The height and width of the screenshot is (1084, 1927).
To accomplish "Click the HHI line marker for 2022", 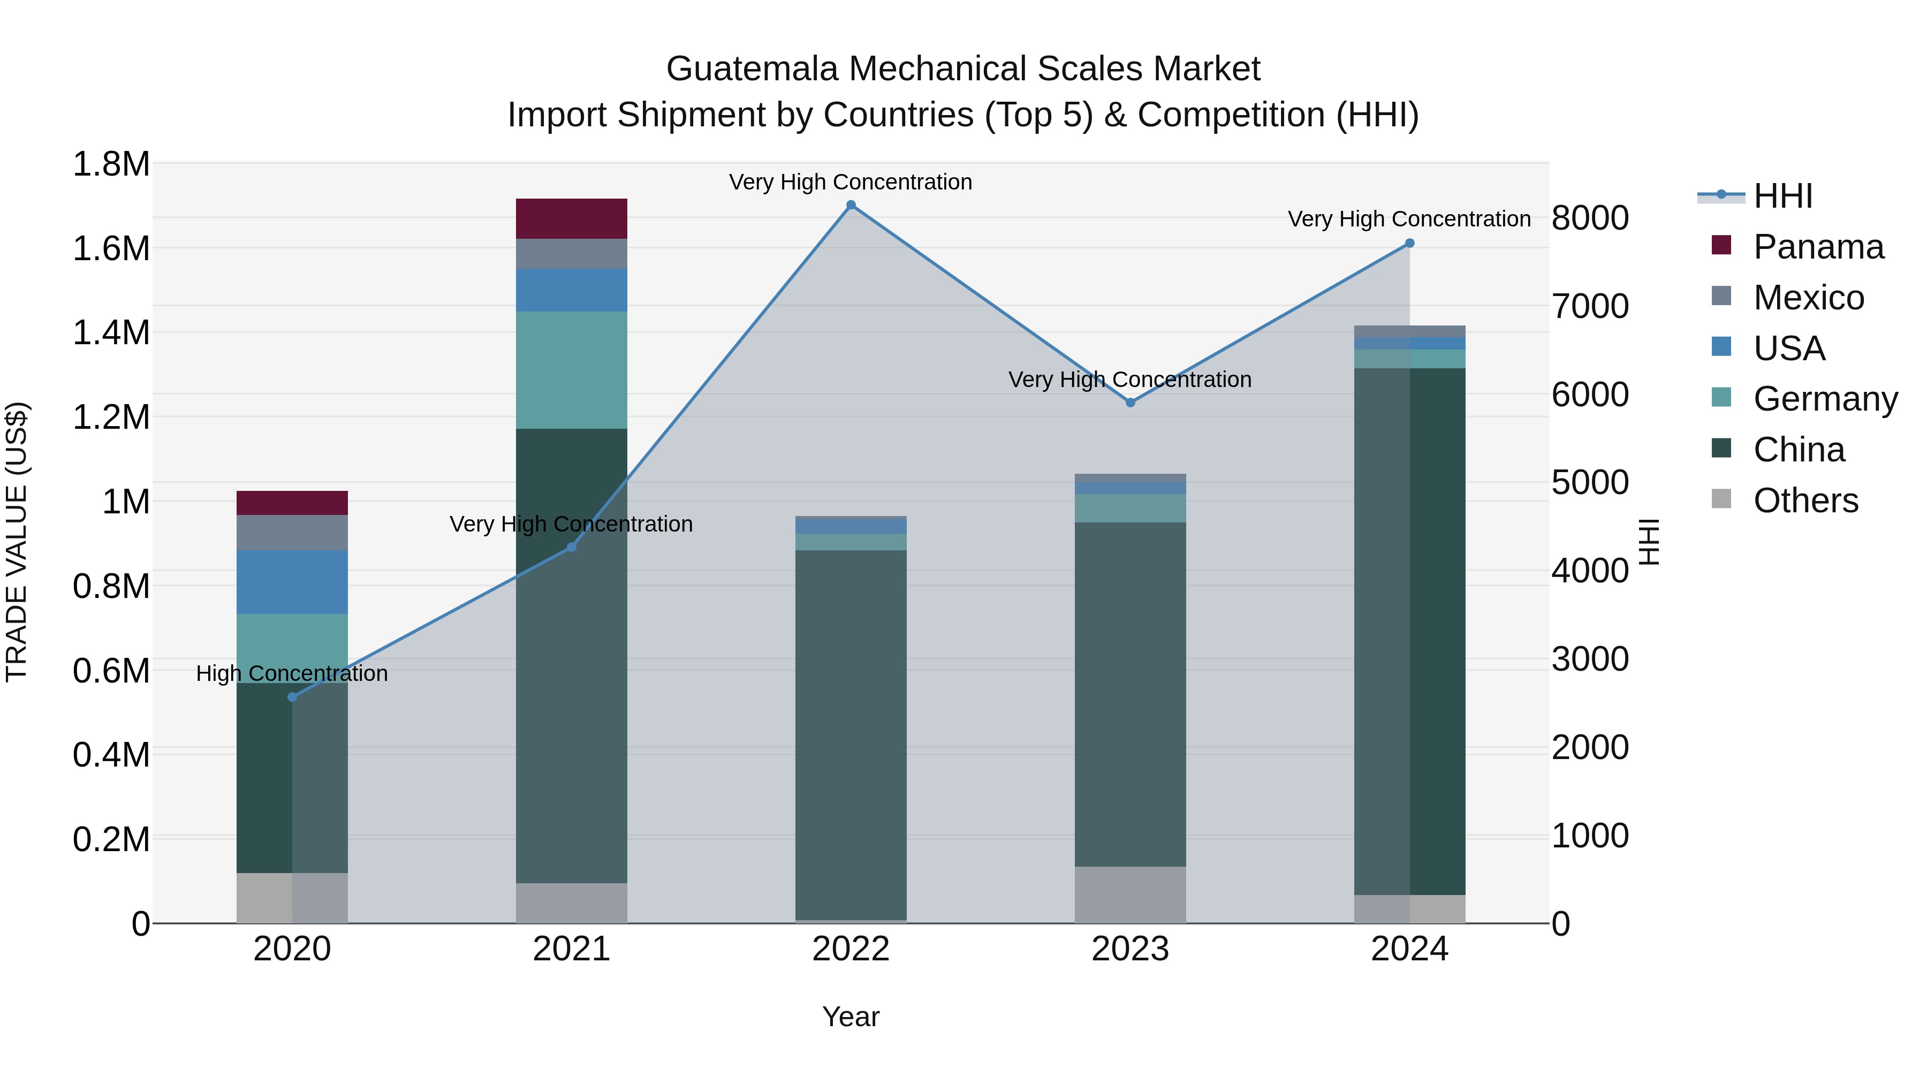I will click(851, 205).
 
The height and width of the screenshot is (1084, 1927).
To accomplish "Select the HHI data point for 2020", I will click(292, 697).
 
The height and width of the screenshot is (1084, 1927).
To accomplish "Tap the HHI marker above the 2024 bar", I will click(1409, 243).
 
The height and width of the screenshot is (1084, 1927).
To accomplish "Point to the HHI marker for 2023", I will click(1131, 403).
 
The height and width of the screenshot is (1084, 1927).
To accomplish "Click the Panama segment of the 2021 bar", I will click(572, 218).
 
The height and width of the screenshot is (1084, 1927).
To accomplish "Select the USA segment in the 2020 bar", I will click(292, 582).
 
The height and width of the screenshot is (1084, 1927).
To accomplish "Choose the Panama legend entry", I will click(1818, 247).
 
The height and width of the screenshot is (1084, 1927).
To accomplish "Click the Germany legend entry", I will click(1825, 399).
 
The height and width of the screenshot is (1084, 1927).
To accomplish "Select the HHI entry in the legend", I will click(1782, 196).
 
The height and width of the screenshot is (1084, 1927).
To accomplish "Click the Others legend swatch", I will click(1721, 499).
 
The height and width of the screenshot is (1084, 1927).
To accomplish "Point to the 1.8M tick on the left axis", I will click(111, 164).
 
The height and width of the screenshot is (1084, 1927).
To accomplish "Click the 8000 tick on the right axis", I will click(1590, 218).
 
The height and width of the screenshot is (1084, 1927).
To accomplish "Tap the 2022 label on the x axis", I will click(851, 949).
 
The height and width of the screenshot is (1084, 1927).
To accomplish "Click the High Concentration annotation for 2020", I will click(292, 673).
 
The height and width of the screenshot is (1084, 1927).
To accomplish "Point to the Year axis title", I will click(851, 1017).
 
